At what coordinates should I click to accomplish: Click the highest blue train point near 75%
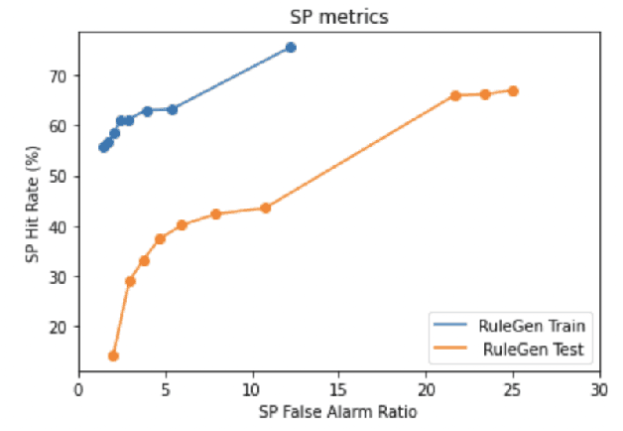[x=291, y=48]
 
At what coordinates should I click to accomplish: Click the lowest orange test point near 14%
[x=113, y=356]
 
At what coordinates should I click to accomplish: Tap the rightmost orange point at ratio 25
[x=513, y=90]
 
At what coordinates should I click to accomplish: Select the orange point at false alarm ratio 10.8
[x=266, y=208]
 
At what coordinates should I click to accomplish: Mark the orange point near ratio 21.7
[x=455, y=95]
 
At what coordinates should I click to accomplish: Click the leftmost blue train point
[x=103, y=147]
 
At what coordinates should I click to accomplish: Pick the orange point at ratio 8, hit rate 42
[x=216, y=214]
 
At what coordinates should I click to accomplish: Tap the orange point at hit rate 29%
[x=130, y=281]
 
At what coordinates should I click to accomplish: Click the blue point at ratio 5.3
[x=172, y=109]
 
